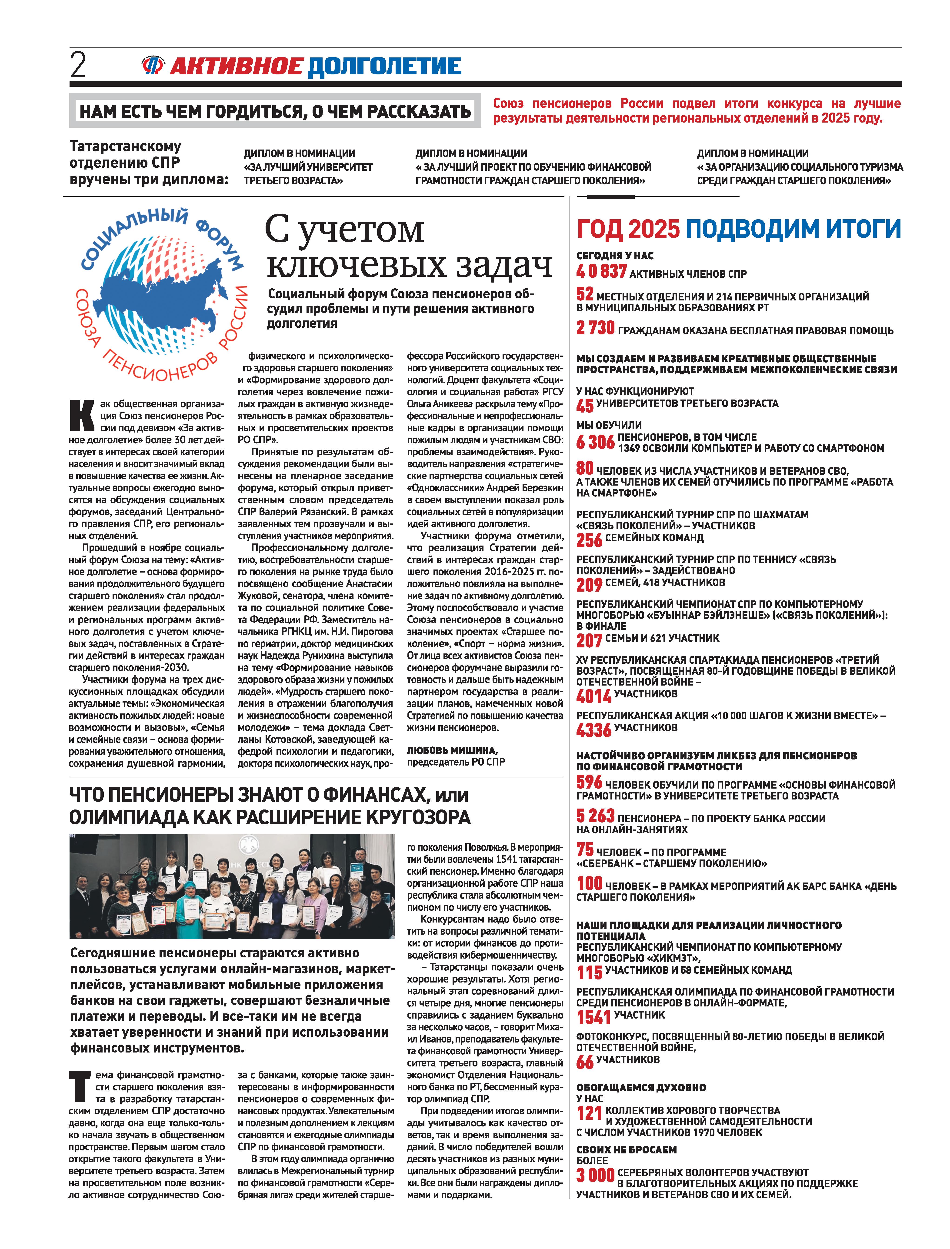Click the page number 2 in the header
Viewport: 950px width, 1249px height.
(78, 66)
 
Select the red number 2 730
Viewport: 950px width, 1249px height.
(595, 328)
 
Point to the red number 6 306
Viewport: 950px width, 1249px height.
(595, 442)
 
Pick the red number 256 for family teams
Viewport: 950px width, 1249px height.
(589, 540)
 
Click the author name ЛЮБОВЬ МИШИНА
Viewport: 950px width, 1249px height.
(452, 750)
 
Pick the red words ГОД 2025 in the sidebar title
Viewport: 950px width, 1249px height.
(628, 229)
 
